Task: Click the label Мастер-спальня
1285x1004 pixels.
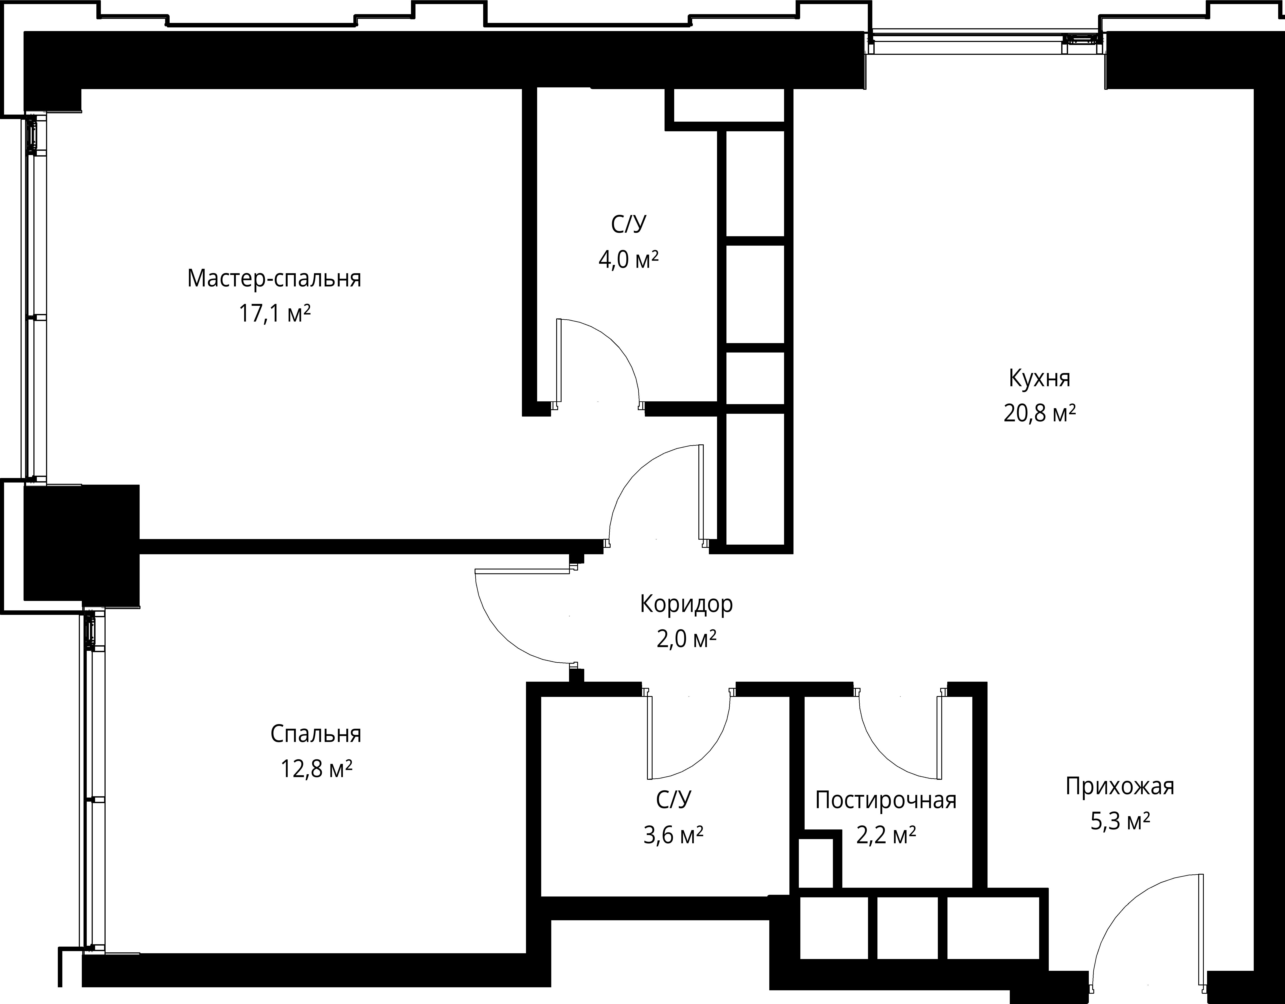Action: point(274,278)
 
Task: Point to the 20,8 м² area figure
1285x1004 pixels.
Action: point(1040,413)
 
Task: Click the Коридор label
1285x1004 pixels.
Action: point(687,604)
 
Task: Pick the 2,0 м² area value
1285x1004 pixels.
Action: point(687,639)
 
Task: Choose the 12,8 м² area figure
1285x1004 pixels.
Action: point(316,769)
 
